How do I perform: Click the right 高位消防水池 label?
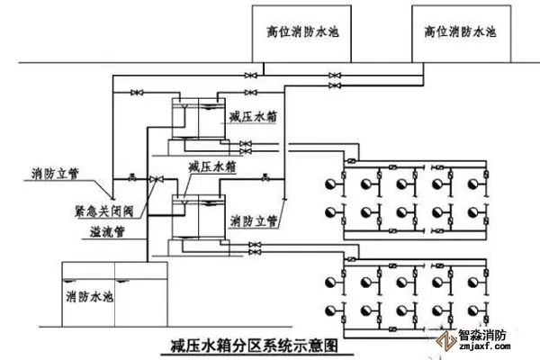(461, 31)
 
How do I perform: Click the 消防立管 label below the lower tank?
(253, 220)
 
